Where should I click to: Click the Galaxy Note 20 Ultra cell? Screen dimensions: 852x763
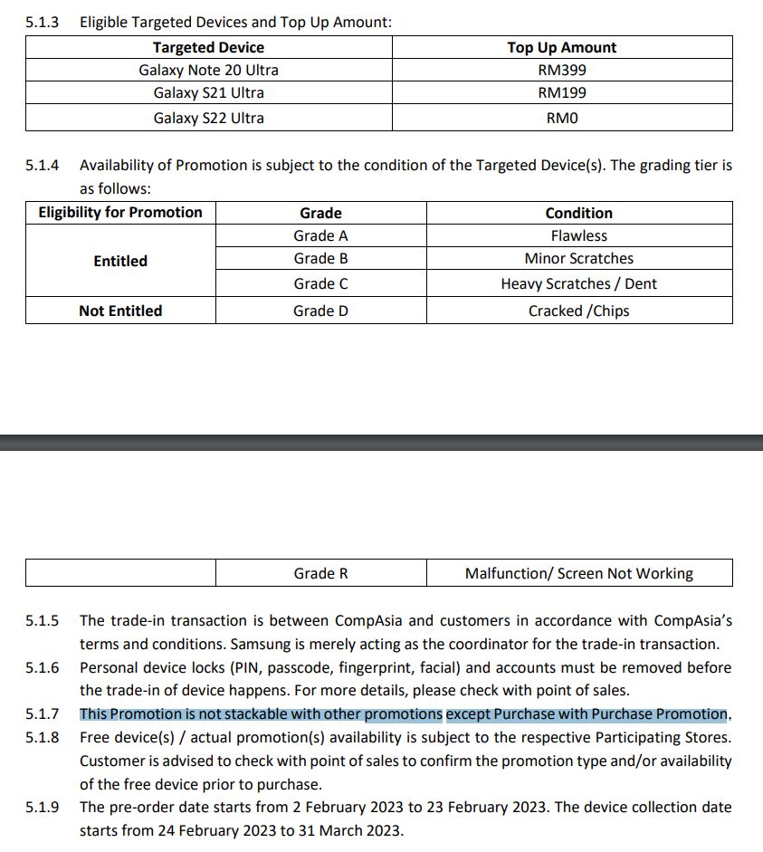[208, 70]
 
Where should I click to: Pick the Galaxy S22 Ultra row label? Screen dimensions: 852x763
[208, 118]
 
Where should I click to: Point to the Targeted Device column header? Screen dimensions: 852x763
[208, 47]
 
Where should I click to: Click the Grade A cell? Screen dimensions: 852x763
[320, 235]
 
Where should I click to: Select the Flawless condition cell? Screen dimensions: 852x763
[578, 235]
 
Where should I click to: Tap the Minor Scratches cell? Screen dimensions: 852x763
[578, 258]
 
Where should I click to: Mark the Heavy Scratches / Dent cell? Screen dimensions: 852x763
[578, 283]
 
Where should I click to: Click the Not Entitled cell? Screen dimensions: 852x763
[120, 311]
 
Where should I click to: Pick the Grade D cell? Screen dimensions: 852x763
[320, 311]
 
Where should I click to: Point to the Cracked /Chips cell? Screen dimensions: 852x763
[578, 311]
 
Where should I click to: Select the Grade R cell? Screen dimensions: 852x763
[320, 573]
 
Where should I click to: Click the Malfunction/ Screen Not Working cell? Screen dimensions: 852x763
[578, 573]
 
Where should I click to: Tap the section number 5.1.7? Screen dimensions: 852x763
[42, 714]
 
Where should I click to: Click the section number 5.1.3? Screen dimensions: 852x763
[42, 21]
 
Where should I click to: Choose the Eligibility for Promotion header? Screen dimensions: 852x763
[120, 212]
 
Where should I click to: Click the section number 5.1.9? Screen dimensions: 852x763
[42, 807]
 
